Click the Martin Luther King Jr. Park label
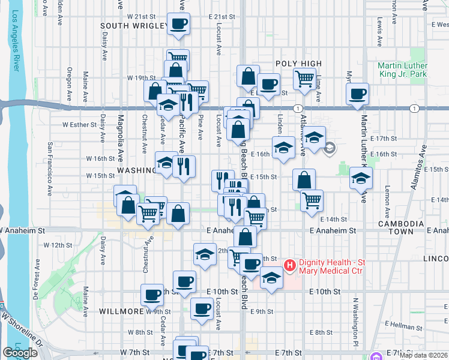pos(403,70)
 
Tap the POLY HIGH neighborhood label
pos(299,64)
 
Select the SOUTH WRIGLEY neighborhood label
pos(134,26)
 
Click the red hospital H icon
pos(289,265)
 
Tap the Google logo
pos(20,353)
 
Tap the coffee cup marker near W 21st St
pos(179,25)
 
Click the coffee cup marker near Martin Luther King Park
pos(358,94)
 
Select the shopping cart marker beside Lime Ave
pos(305,79)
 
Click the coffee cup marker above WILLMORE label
pos(152,295)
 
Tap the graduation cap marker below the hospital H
pos(272,278)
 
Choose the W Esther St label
pos(80,125)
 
